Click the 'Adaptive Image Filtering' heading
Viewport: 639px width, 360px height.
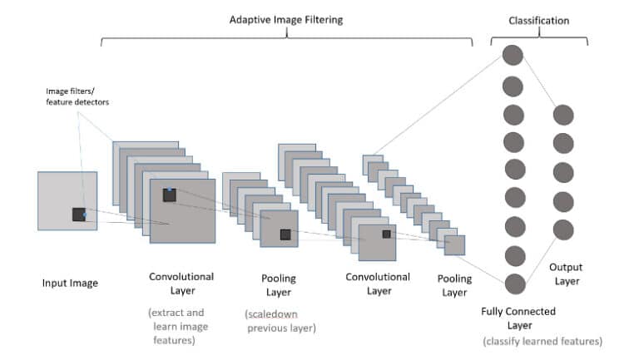[286, 18]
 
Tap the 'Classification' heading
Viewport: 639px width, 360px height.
[538, 18]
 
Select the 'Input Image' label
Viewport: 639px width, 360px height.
[70, 284]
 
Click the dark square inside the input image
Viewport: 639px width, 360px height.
[79, 215]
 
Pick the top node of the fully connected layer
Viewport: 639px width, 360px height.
[513, 57]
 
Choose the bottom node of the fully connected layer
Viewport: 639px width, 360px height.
[513, 284]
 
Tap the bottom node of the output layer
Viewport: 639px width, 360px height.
[563, 229]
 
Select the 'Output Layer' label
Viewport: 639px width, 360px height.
[566, 274]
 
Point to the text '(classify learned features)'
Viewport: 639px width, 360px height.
[542, 342]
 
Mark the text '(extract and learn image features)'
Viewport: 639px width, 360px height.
[181, 326]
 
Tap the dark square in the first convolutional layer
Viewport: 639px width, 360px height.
[170, 195]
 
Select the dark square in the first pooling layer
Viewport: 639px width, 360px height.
[285, 234]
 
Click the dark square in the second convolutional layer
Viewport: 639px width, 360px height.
[386, 234]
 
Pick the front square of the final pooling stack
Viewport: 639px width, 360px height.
[454, 245]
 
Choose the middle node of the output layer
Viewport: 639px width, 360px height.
[563, 172]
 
